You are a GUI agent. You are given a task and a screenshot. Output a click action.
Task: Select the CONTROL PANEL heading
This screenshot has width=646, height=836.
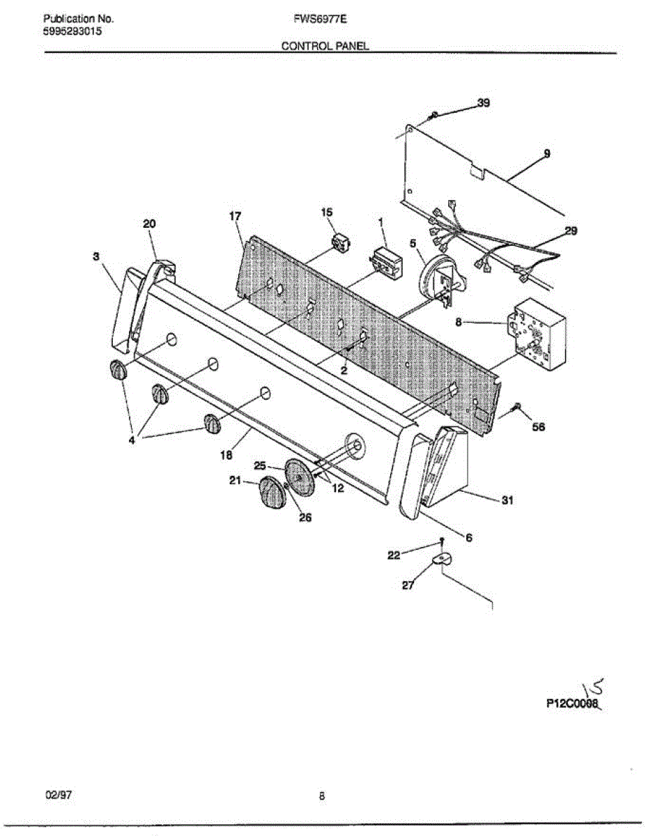pos(324,46)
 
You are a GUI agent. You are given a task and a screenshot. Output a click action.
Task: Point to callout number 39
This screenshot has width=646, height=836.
pos(482,103)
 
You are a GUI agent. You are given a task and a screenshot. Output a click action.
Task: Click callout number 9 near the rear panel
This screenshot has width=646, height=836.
pos(546,153)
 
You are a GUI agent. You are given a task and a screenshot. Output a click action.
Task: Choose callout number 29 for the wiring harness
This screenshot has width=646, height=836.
pos(570,231)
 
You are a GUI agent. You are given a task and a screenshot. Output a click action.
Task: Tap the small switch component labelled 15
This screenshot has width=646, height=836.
pos(341,245)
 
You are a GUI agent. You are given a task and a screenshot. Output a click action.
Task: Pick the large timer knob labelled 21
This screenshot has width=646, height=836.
pos(271,494)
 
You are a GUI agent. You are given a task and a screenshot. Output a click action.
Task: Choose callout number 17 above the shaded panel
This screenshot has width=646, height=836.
pos(235,217)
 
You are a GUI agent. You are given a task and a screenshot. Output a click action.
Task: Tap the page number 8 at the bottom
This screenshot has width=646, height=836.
pos(322,797)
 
